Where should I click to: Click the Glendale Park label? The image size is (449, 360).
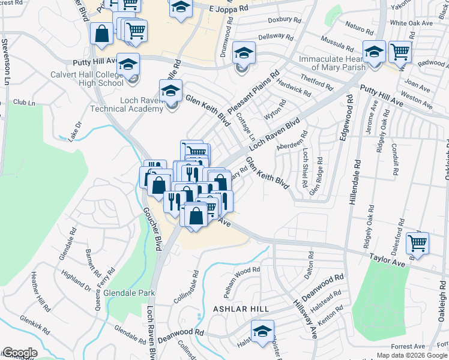pos(129,293)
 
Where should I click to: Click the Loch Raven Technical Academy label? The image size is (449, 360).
pos(125,104)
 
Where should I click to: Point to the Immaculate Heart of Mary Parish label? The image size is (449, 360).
pos(332,63)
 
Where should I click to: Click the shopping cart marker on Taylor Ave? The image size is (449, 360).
pos(417,243)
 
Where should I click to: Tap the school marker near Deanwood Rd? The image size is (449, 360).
pos(262,331)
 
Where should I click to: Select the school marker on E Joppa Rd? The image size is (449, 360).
pos(179,8)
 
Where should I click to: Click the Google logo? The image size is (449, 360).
pos(19,353)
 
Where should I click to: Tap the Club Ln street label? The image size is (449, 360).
pos(24,103)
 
